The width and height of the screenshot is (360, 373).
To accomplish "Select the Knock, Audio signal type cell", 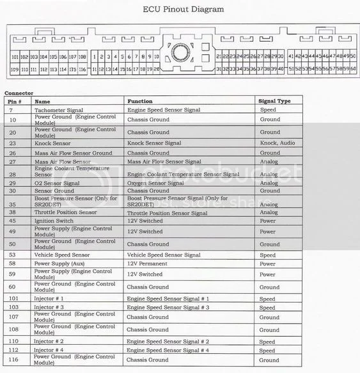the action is click(277, 143).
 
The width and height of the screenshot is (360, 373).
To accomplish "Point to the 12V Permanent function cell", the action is click(147, 264).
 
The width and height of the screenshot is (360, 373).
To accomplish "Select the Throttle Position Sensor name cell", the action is click(65, 212).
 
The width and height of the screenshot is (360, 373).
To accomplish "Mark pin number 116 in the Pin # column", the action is click(12, 360).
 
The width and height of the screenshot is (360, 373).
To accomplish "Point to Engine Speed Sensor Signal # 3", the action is click(168, 307).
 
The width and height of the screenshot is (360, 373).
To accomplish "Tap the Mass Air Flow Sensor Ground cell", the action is click(73, 153).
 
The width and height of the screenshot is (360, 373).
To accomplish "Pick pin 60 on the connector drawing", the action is click(352, 68).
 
